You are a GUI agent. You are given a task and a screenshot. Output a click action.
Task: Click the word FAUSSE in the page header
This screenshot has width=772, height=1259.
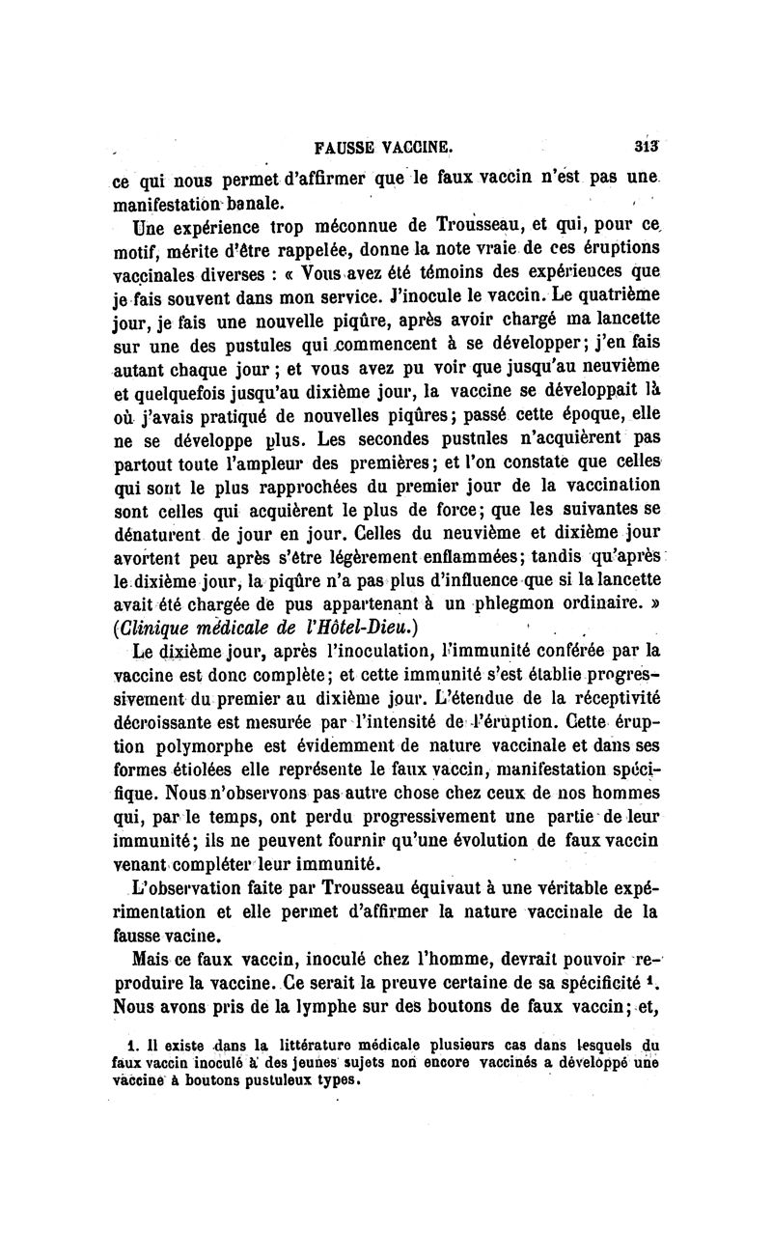tap(345, 149)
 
